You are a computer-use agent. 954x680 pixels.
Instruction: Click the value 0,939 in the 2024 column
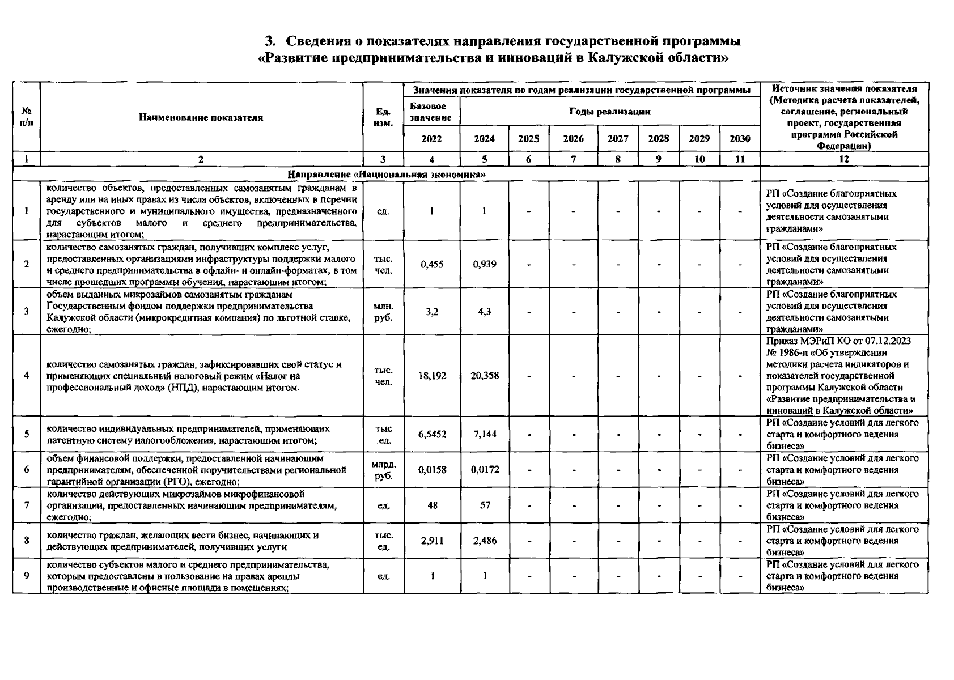click(x=484, y=264)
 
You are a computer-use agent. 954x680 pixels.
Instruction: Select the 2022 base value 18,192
click(x=432, y=375)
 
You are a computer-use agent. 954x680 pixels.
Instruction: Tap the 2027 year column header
click(x=617, y=139)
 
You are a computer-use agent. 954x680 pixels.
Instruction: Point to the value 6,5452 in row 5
click(x=432, y=434)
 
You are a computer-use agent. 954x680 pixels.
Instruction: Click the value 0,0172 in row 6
click(x=485, y=470)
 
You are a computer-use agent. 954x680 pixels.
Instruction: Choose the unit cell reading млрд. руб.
click(x=384, y=470)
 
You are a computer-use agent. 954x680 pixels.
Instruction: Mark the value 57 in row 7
click(x=485, y=505)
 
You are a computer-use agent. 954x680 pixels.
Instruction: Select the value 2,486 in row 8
click(x=485, y=541)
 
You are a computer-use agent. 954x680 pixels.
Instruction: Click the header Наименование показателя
click(x=201, y=118)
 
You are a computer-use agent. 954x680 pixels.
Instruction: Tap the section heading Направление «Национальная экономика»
click(x=386, y=174)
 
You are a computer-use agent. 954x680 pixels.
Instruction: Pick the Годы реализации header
click(x=609, y=112)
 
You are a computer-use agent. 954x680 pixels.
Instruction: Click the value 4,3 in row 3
click(x=484, y=312)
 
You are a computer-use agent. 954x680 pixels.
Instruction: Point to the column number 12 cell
click(x=843, y=160)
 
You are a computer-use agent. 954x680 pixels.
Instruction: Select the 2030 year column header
click(x=740, y=139)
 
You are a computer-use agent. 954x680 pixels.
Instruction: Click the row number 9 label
click(x=27, y=576)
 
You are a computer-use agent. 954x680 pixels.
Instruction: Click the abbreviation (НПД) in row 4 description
click(x=183, y=388)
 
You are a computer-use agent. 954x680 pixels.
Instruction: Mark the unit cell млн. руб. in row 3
click(x=383, y=312)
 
